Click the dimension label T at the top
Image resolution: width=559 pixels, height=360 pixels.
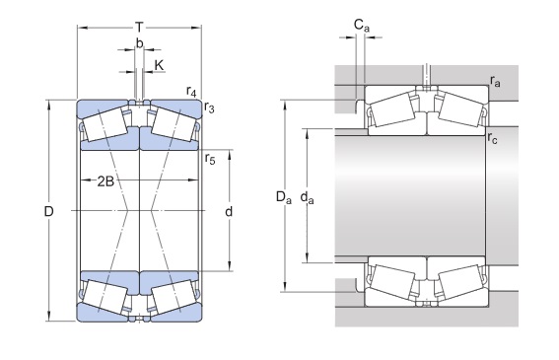click(x=139, y=27)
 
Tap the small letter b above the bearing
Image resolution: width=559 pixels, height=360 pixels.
click(x=140, y=43)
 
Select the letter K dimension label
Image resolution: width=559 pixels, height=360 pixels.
click(x=159, y=65)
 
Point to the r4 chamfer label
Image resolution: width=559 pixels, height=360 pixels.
click(x=191, y=92)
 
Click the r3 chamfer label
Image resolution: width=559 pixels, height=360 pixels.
click(x=209, y=108)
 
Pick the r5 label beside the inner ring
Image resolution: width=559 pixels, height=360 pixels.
click(x=210, y=159)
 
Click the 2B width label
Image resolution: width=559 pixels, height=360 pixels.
click(x=105, y=181)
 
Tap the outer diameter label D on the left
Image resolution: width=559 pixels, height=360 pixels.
click(x=48, y=212)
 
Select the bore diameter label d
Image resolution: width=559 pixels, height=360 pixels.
click(x=229, y=212)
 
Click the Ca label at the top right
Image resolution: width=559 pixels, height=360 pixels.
click(x=362, y=26)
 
